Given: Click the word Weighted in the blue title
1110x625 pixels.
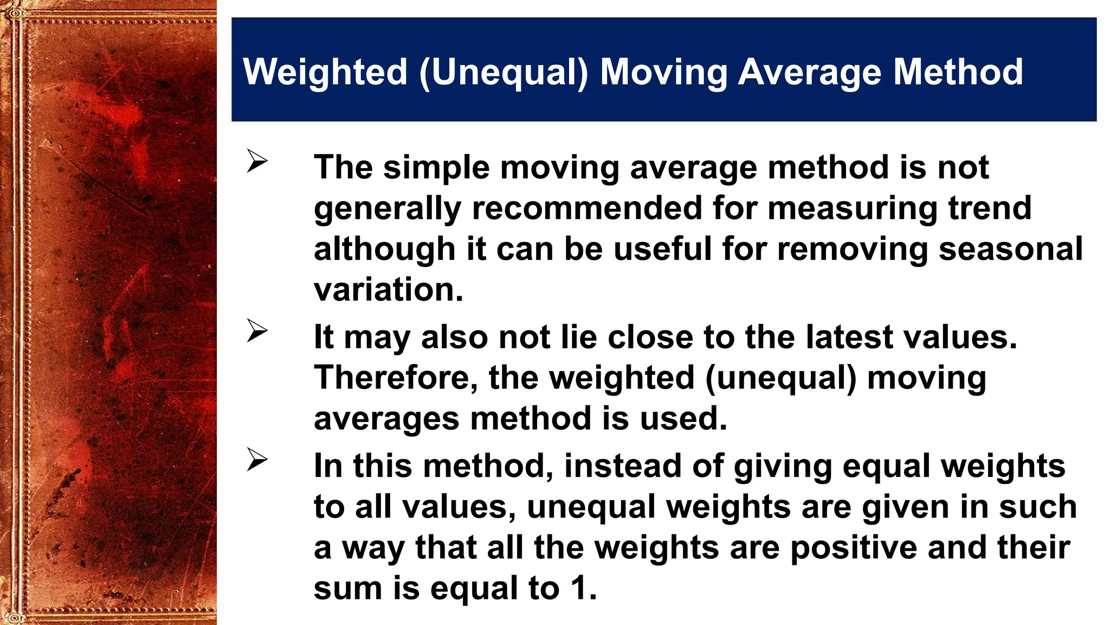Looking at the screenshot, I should pos(325,72).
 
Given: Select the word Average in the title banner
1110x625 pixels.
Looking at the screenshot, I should pos(810,72).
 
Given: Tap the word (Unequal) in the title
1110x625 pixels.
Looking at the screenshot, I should pos(504,72).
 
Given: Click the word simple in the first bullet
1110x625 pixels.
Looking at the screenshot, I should pos(436,167).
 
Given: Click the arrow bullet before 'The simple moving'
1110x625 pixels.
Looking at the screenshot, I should pos(257,161).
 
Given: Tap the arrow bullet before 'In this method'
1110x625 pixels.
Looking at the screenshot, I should pos(257,460).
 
